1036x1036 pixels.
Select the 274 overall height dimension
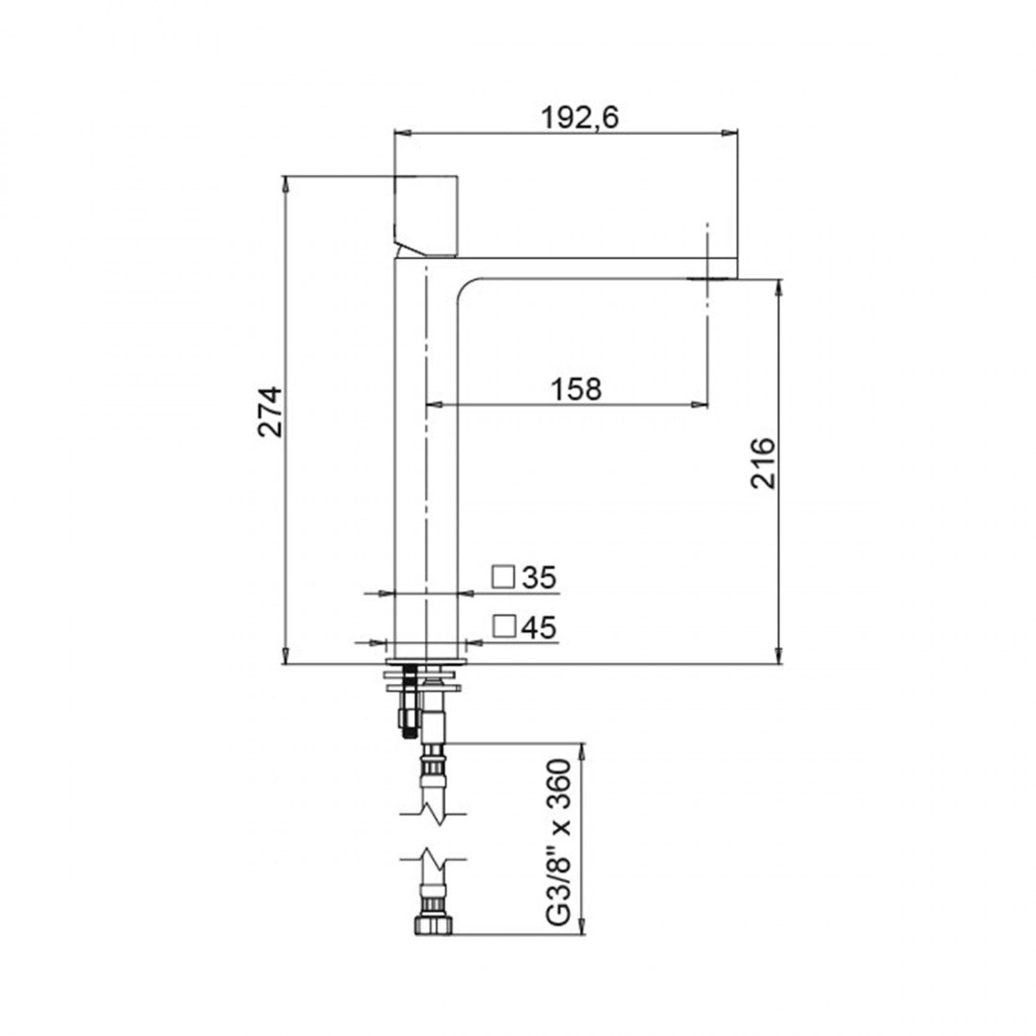pyautogui.click(x=270, y=412)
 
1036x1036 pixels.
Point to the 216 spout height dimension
pyautogui.click(x=763, y=463)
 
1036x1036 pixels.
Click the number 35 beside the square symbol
pyautogui.click(x=541, y=578)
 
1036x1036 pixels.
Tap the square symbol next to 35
pyautogui.click(x=505, y=576)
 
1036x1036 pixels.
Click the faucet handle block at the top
pyautogui.click(x=427, y=215)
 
